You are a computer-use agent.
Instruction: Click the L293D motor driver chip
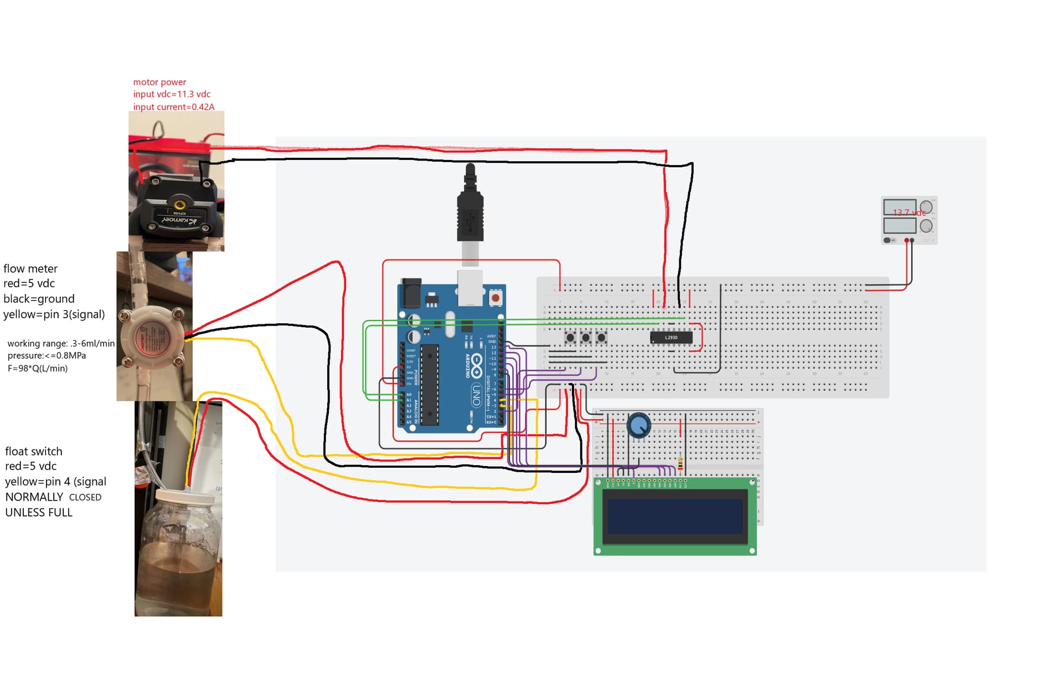click(x=671, y=337)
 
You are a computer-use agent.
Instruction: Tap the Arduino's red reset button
click(x=496, y=298)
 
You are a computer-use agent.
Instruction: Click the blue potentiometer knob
click(x=639, y=426)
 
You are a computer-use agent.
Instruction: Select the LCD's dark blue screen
click(x=675, y=515)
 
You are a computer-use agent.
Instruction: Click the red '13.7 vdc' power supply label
click(x=909, y=213)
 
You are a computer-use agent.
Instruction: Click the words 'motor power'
click(x=159, y=82)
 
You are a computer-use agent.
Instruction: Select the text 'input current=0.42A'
click(x=173, y=107)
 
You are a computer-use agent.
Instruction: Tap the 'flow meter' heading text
click(x=30, y=269)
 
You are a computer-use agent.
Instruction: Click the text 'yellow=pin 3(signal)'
click(x=54, y=314)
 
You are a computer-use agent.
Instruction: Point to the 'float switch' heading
click(x=34, y=451)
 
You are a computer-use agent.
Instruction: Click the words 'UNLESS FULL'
click(x=39, y=513)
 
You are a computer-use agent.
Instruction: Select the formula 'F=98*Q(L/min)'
click(x=38, y=368)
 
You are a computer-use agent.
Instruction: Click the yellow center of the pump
click(x=178, y=200)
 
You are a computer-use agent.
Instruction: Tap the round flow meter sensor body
click(x=151, y=337)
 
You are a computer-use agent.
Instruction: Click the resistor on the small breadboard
click(x=680, y=463)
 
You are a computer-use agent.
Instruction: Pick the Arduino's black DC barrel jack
click(x=411, y=293)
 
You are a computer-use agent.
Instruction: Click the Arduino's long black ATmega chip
click(x=430, y=385)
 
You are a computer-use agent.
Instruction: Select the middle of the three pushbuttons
click(x=586, y=337)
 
